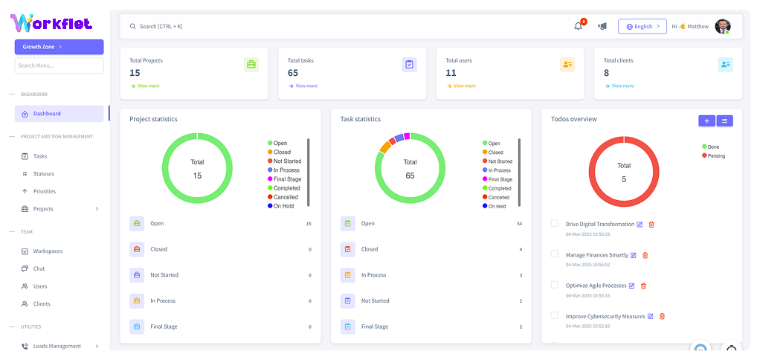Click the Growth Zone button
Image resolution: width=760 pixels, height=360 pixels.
click(x=59, y=47)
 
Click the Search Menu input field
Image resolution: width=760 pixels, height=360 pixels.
click(x=59, y=65)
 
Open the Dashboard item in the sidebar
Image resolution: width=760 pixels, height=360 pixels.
click(x=59, y=114)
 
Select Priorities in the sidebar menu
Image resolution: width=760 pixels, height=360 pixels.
click(x=45, y=191)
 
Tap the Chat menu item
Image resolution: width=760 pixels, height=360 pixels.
click(x=39, y=269)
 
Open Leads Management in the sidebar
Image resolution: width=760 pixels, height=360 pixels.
click(x=57, y=346)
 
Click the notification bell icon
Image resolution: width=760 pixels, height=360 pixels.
click(x=579, y=26)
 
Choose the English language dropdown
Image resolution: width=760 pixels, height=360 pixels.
click(x=643, y=26)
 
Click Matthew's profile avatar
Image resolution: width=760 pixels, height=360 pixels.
click(x=722, y=26)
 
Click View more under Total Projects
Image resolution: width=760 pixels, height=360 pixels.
click(x=146, y=86)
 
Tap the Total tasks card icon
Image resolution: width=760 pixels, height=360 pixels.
click(x=410, y=65)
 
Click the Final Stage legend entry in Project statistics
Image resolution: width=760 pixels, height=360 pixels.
click(x=286, y=179)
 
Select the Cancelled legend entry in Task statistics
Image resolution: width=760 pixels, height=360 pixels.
click(x=498, y=197)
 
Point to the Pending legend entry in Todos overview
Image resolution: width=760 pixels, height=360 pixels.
click(x=715, y=155)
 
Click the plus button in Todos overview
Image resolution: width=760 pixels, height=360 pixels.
click(x=706, y=120)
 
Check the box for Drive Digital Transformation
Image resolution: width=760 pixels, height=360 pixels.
click(x=554, y=223)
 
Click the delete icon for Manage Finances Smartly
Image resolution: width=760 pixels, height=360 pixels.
click(x=645, y=255)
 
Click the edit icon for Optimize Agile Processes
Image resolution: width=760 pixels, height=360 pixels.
click(x=631, y=286)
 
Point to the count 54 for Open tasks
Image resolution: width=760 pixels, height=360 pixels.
click(x=519, y=223)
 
